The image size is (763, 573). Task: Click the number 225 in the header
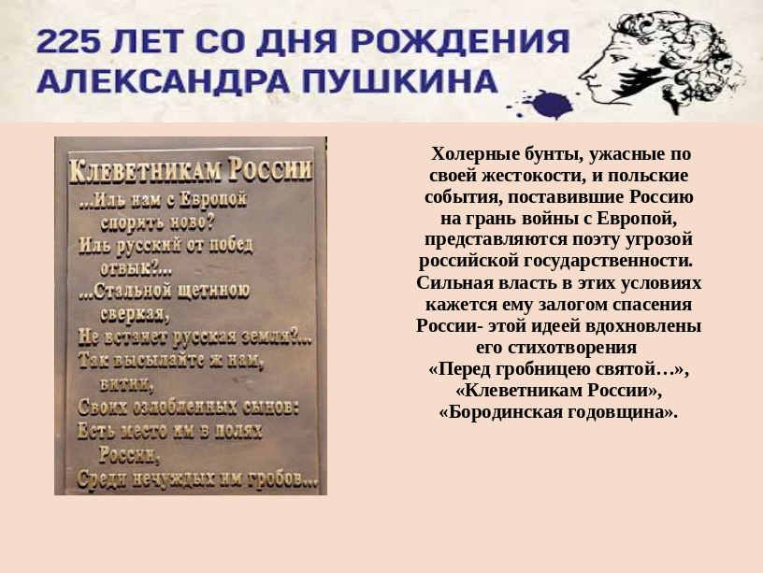tap(69, 41)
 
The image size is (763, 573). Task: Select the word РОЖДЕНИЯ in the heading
tap(460, 41)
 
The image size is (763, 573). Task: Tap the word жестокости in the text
tap(534, 176)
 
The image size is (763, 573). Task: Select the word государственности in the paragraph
tap(607, 262)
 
